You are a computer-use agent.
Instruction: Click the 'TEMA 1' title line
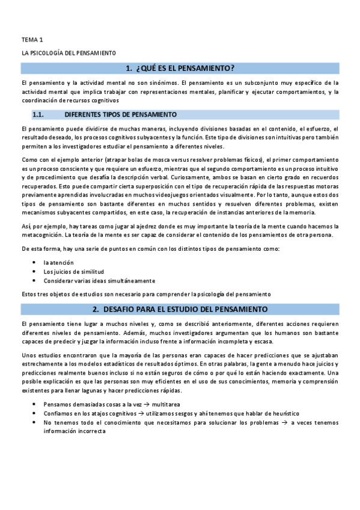[32, 39]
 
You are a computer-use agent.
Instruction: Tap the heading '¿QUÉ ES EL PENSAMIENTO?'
[189, 68]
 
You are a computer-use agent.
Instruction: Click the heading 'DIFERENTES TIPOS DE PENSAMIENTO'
[120, 114]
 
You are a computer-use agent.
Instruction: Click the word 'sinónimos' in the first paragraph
[160, 83]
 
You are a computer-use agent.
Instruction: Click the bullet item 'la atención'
[58, 263]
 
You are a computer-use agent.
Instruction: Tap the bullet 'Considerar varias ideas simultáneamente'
[99, 280]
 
